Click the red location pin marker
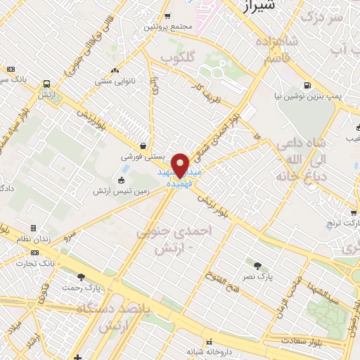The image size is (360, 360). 181,165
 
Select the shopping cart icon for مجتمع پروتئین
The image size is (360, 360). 167,16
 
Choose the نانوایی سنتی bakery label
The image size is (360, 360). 115,82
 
